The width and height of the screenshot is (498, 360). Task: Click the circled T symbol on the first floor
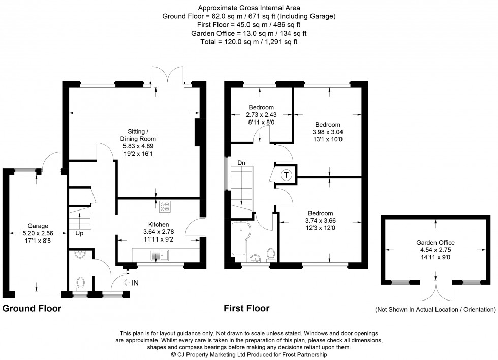[286, 175]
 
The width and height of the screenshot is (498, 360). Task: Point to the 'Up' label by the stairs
[80, 234]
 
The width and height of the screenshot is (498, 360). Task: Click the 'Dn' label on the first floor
[242, 163]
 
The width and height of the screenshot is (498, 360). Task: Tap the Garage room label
[38, 226]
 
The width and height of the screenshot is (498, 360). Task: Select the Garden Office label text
[436, 243]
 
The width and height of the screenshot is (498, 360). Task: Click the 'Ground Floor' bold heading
[32, 308]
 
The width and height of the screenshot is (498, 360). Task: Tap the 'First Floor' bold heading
[246, 308]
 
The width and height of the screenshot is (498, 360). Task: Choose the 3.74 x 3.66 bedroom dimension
[320, 220]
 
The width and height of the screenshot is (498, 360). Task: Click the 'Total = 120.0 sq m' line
[249, 42]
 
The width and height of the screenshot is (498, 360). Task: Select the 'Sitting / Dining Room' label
[138, 134]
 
